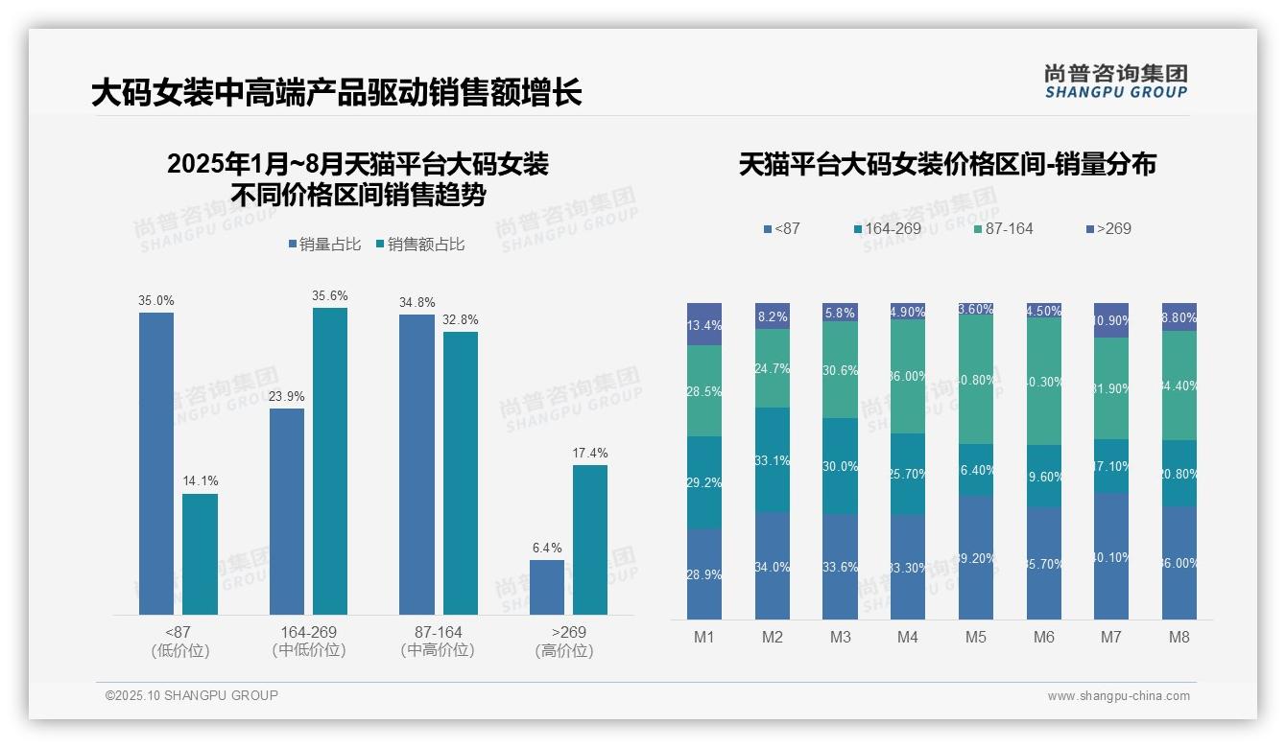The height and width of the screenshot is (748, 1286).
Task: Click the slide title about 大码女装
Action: click(x=336, y=93)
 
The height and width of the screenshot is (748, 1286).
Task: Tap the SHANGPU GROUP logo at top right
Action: click(x=1115, y=82)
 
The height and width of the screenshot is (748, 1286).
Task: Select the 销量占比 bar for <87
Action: click(x=156, y=463)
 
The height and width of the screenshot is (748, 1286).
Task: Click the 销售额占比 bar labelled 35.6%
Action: click(x=330, y=460)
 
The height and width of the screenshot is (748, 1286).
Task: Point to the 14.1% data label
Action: click(x=200, y=480)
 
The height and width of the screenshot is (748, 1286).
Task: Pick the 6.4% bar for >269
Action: click(x=547, y=587)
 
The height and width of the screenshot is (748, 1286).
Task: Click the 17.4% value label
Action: click(x=590, y=453)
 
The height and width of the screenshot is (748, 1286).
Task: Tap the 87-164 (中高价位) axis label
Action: click(x=438, y=641)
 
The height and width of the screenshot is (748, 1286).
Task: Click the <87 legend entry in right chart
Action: click(x=781, y=228)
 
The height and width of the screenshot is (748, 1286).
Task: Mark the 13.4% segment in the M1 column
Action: click(x=704, y=324)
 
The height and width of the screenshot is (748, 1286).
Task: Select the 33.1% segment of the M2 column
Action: click(x=773, y=460)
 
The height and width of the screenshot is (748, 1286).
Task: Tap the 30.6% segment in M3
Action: click(x=841, y=369)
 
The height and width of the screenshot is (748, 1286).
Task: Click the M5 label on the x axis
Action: click(x=976, y=637)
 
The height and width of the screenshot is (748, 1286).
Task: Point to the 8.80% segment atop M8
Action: click(x=1179, y=316)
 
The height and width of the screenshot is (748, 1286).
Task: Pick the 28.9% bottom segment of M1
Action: click(x=704, y=573)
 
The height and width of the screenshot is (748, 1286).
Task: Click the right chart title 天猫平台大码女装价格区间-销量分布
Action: click(x=947, y=164)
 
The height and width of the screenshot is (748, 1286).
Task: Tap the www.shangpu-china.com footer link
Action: click(x=1118, y=696)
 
